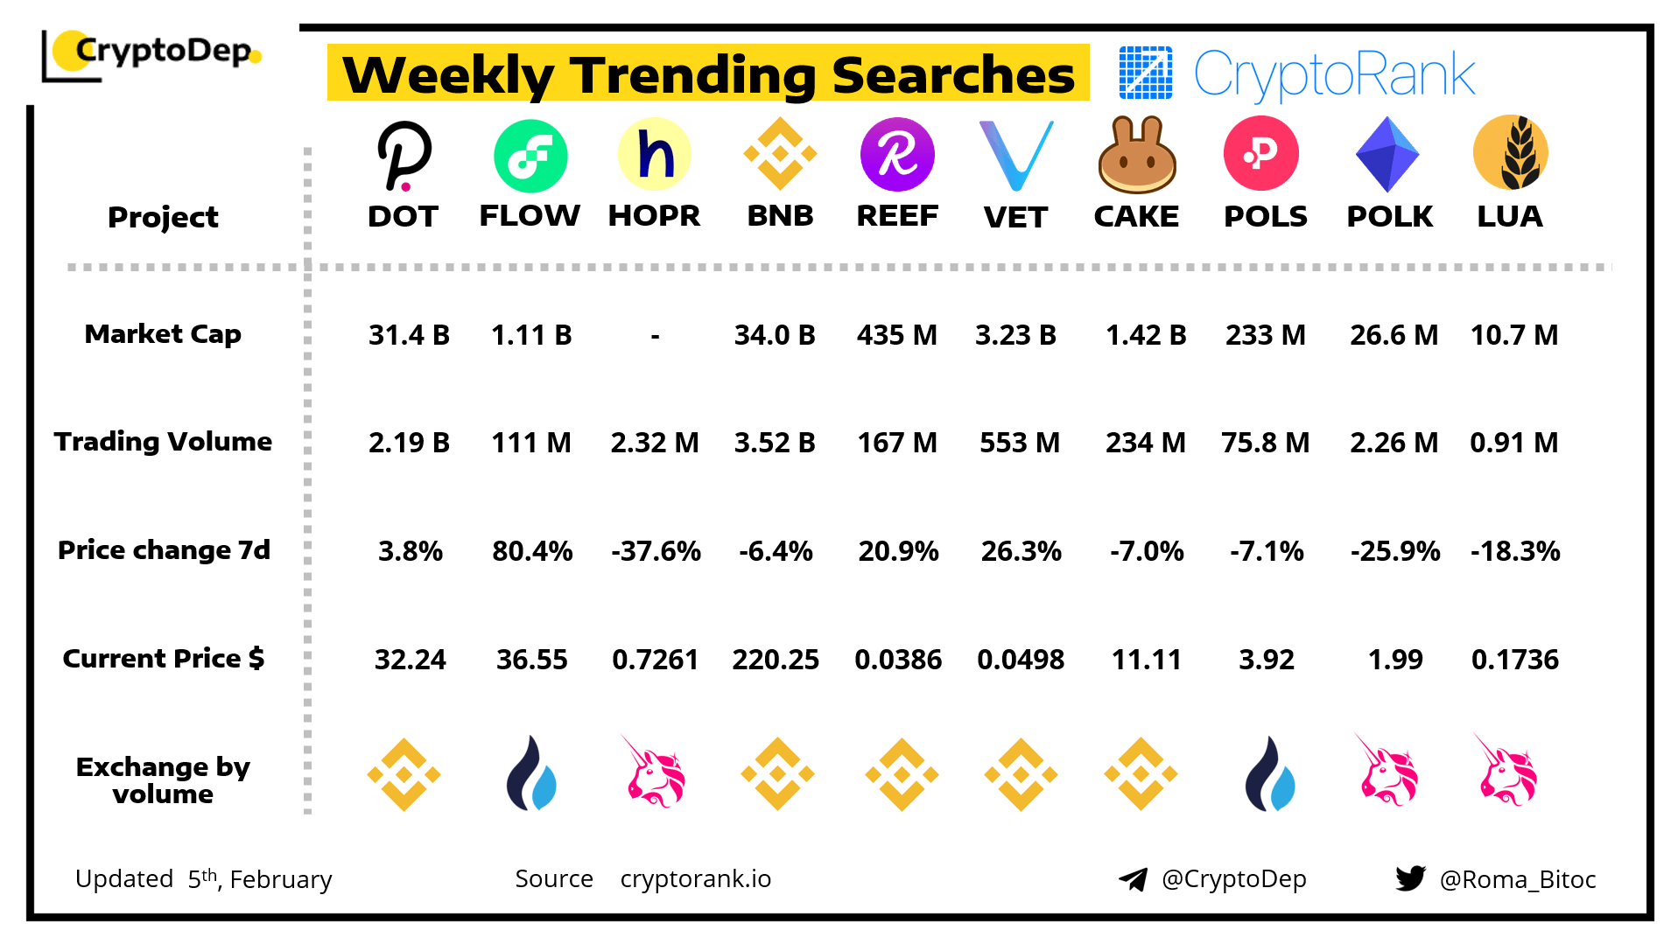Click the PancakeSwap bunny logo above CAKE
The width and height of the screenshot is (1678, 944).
(x=1136, y=156)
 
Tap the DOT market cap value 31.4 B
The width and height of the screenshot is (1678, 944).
(x=409, y=335)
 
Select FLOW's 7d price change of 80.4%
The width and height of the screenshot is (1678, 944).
(x=531, y=551)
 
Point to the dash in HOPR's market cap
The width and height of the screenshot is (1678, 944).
(x=655, y=336)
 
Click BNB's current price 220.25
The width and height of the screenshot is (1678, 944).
(x=776, y=660)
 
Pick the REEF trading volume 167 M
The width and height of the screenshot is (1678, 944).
(x=897, y=443)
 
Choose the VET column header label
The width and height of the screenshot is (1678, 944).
(x=1015, y=217)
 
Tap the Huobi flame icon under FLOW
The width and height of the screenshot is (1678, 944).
(x=531, y=773)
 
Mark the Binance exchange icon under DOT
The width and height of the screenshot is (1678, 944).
(x=404, y=774)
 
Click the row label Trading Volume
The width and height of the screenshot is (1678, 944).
(x=163, y=442)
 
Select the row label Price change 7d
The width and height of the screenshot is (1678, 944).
(x=164, y=550)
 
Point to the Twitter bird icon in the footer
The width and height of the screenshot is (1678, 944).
(x=1410, y=878)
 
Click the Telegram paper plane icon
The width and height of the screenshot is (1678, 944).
(x=1133, y=879)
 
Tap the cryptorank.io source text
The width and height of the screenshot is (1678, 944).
(x=695, y=878)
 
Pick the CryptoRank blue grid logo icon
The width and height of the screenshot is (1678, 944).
(x=1145, y=73)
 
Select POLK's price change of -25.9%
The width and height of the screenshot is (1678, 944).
(x=1394, y=551)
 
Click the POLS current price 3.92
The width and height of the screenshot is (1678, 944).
(x=1266, y=660)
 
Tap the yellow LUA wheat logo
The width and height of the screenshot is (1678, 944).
(x=1510, y=153)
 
